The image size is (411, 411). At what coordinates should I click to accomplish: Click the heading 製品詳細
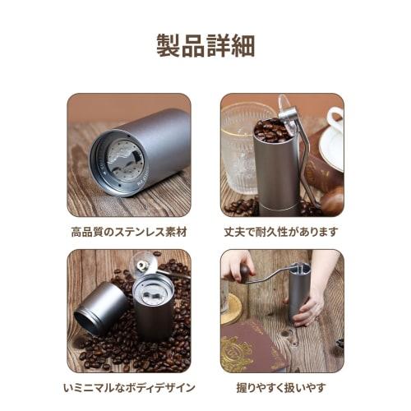205,46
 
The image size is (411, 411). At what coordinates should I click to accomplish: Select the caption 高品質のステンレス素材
129,232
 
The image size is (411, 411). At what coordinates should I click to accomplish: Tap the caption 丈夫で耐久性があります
282,232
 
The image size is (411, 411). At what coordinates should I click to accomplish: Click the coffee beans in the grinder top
271,130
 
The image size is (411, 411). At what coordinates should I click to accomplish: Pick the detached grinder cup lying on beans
101,307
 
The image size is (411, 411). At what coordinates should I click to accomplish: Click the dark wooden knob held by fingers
244,270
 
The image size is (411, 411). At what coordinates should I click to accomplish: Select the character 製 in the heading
168,46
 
